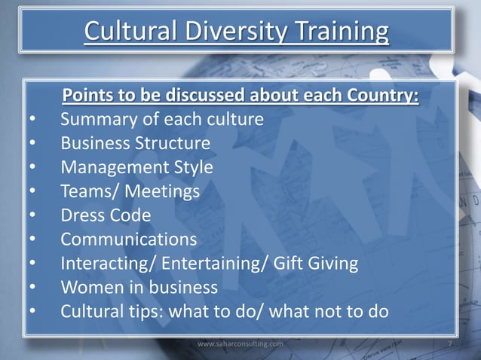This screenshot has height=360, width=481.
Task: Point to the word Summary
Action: tap(97, 120)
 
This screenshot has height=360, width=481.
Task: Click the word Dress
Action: tap(84, 216)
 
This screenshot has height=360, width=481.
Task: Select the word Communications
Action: tap(130, 240)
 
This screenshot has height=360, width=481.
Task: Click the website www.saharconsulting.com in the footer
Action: tap(240, 343)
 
